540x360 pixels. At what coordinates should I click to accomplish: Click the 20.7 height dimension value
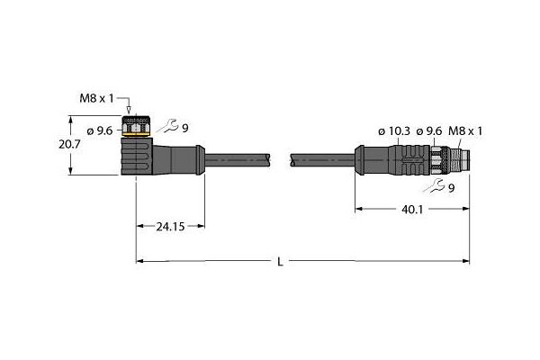pos(69,144)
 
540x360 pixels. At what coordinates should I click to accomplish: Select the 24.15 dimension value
pos(170,227)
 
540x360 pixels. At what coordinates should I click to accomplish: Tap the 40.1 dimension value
pos(412,209)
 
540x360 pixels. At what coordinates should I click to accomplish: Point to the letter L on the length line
pos(280,262)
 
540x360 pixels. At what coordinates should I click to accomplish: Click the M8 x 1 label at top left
pos(96,99)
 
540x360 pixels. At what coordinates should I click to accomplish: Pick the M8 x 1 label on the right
pos(465,130)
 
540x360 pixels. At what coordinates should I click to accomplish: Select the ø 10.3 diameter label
pos(394,131)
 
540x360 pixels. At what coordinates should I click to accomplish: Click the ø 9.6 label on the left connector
pos(100,130)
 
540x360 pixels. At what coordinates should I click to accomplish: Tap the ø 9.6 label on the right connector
pos(428,131)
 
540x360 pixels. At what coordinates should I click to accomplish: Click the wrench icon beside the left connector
pos(167,126)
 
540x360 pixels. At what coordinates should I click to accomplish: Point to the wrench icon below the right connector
pos(434,186)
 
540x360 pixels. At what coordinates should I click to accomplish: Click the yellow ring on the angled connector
pos(136,134)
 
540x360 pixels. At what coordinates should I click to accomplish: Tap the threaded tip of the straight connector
pos(460,160)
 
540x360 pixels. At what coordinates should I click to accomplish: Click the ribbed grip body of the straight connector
pos(409,160)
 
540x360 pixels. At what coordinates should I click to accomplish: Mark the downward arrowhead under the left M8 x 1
pos(129,110)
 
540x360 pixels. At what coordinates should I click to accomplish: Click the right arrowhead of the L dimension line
pos(465,261)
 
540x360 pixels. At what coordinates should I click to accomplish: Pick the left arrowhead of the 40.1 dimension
pos(359,209)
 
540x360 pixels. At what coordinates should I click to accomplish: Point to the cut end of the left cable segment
pos(268,160)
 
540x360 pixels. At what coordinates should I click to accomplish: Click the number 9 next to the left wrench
pos(185,129)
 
